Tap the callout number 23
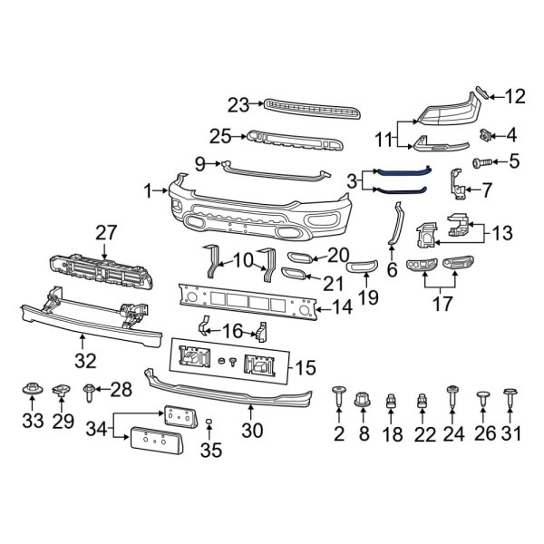point(238,106)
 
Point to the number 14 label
point(342,308)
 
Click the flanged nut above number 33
point(32,392)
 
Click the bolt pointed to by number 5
point(481,163)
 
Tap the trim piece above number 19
point(362,263)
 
